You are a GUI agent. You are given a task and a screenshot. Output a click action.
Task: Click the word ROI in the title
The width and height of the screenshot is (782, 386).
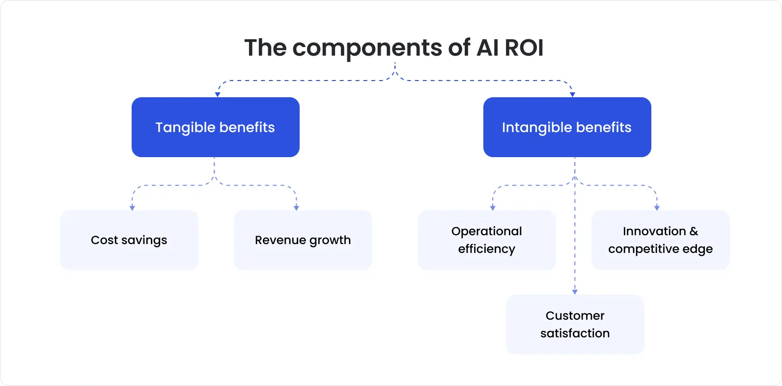[x=524, y=48]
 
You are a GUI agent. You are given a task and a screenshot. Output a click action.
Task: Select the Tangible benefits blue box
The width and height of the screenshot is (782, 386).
[x=215, y=127]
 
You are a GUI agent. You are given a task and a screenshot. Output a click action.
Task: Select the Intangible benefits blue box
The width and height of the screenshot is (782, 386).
[x=567, y=127]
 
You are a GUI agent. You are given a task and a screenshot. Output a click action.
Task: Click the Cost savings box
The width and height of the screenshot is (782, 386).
[x=129, y=240]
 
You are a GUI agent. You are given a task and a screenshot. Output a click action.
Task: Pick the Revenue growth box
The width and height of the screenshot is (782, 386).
[x=303, y=240]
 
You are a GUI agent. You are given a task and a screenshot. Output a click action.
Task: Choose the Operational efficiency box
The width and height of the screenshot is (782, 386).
[x=486, y=240]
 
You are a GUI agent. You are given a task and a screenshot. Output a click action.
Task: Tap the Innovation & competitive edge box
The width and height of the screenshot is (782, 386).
[x=660, y=240]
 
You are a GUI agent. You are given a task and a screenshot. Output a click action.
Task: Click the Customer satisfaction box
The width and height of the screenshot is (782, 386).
[x=575, y=325]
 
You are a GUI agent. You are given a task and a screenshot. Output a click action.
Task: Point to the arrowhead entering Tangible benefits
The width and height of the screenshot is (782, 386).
[x=218, y=94]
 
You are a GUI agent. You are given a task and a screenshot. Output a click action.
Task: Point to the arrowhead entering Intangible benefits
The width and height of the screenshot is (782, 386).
[x=572, y=94]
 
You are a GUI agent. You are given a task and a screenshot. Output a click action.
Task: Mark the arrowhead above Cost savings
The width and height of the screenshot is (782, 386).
[x=132, y=208]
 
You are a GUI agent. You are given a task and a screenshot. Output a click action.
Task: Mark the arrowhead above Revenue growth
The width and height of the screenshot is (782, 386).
[x=296, y=208]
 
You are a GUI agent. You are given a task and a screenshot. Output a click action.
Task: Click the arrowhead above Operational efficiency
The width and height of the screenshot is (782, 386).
[x=493, y=208]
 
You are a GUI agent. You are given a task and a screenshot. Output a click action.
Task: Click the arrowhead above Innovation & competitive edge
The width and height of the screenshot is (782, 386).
[x=657, y=208]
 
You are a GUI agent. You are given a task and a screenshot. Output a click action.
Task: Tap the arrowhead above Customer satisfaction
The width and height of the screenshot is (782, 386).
[x=575, y=292]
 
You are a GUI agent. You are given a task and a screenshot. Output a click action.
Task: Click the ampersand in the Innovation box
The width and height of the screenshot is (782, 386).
[x=694, y=231]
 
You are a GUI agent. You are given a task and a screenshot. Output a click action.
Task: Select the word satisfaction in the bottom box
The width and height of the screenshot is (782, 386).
[x=575, y=333]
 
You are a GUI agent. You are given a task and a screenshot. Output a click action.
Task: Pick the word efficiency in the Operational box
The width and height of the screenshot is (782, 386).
[x=486, y=249]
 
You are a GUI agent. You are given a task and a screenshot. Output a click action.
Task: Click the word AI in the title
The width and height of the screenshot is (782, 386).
[x=488, y=48]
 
